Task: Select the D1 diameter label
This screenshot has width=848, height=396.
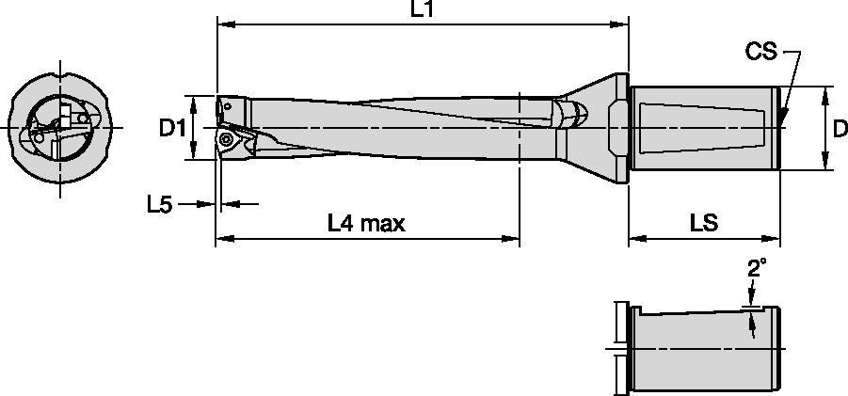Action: click(x=170, y=128)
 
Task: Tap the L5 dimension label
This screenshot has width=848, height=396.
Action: click(x=159, y=203)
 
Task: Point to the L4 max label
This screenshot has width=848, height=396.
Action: click(x=365, y=224)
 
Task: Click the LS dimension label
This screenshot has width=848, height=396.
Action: click(x=703, y=224)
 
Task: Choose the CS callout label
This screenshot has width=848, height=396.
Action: click(x=760, y=53)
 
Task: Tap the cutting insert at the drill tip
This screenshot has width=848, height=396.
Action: click(x=231, y=141)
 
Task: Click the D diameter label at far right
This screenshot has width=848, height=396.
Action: click(x=840, y=130)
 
